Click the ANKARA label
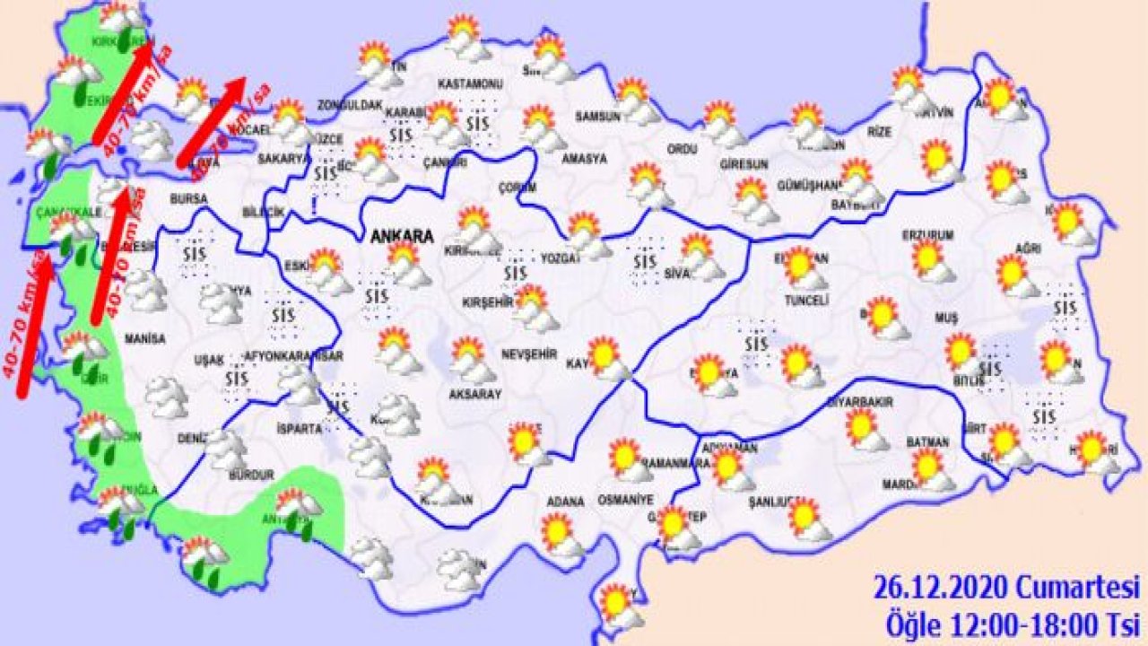[402, 237]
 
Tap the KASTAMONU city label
[469, 83]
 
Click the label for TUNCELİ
[806, 300]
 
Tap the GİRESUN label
[744, 165]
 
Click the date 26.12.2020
[942, 589]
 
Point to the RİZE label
[880, 131]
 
